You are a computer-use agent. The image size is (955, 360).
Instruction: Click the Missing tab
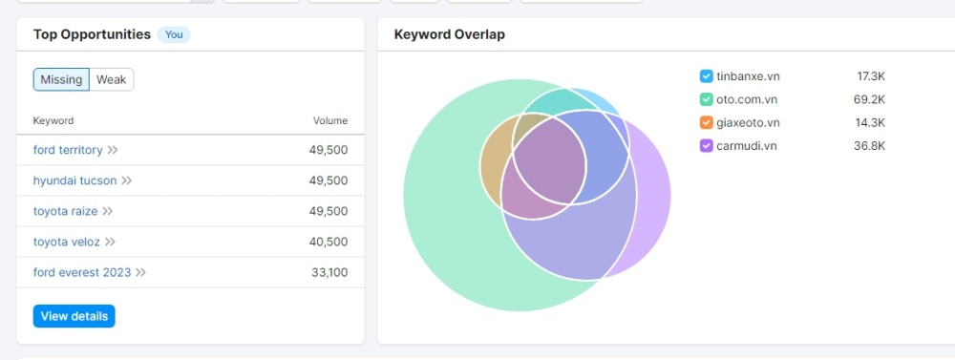pyautogui.click(x=61, y=79)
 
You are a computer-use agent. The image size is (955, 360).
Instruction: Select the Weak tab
pyautogui.click(x=112, y=79)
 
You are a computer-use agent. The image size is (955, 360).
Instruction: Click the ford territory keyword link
pyautogui.click(x=68, y=150)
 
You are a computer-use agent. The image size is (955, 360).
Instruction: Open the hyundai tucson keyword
pyautogui.click(x=74, y=180)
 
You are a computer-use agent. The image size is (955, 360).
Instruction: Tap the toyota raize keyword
pyautogui.click(x=65, y=211)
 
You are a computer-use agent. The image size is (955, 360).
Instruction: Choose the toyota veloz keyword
pyautogui.click(x=67, y=242)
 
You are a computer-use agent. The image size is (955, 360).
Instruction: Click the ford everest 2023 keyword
pyautogui.click(x=82, y=272)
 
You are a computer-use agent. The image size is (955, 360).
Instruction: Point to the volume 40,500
pyautogui.click(x=329, y=242)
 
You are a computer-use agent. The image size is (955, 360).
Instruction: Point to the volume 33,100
pyautogui.click(x=329, y=272)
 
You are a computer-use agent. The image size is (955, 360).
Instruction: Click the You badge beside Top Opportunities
pyautogui.click(x=174, y=34)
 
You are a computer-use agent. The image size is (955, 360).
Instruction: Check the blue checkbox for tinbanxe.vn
pyautogui.click(x=706, y=76)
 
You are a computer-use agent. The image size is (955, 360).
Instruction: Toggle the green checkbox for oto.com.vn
pyautogui.click(x=706, y=99)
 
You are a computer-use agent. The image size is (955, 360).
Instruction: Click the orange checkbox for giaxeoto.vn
pyautogui.click(x=706, y=122)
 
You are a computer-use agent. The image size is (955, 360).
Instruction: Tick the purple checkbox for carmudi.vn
pyautogui.click(x=706, y=145)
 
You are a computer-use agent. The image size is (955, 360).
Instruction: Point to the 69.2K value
pyautogui.click(x=869, y=99)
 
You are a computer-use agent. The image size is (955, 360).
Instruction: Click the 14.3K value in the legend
pyautogui.click(x=870, y=122)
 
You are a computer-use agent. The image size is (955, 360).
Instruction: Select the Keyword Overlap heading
pyautogui.click(x=450, y=34)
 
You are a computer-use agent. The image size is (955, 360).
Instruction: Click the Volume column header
pyautogui.click(x=330, y=120)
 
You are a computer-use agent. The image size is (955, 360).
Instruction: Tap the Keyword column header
pyautogui.click(x=53, y=120)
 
